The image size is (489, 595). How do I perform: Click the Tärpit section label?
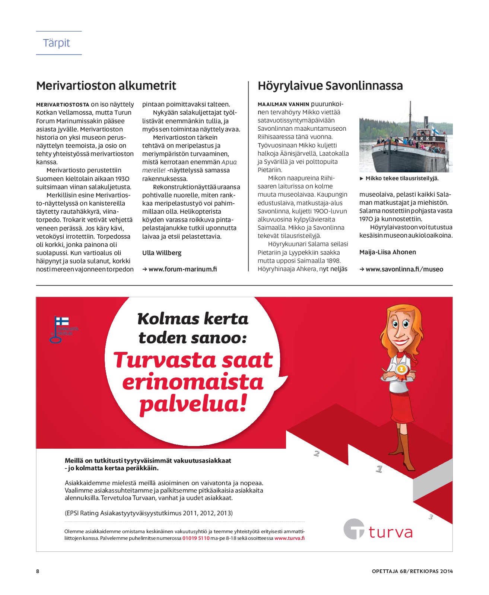click(57, 43)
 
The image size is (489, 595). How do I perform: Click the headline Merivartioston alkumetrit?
click(106, 86)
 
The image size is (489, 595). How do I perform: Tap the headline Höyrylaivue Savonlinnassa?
click(330, 86)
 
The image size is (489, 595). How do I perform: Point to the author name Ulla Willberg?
click(162, 253)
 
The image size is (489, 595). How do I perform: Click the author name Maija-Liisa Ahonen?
click(387, 252)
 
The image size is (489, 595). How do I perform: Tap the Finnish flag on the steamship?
click(435, 130)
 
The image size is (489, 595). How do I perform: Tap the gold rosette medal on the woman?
click(401, 370)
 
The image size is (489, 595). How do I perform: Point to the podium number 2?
click(317, 453)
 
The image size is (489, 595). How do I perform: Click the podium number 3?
click(431, 517)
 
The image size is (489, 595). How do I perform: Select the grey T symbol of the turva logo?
click(354, 529)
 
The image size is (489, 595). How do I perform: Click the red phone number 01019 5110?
click(196, 538)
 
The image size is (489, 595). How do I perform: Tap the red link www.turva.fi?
click(289, 538)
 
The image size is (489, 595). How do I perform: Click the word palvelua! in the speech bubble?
click(193, 404)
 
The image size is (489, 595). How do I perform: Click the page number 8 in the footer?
click(38, 571)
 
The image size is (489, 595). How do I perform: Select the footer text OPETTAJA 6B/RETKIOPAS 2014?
click(412, 571)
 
